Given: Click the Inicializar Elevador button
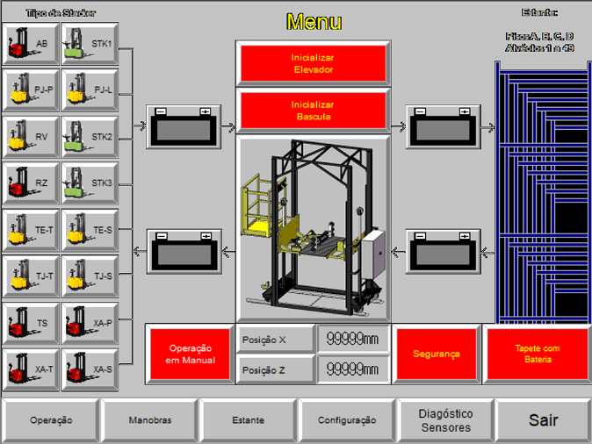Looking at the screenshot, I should pos(313,63).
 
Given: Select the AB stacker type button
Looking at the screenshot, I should pos(30,42).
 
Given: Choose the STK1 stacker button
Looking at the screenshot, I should pos(90,42).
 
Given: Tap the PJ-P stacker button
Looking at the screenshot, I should pos(30,90).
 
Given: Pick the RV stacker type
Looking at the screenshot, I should pos(30,137).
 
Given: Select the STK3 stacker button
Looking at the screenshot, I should pos(90,183).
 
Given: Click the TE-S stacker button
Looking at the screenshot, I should pos(90,230).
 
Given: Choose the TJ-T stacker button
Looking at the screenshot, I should pos(30,276).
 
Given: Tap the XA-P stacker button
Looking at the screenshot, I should pos(90,323).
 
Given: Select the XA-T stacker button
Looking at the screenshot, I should pos(30,369).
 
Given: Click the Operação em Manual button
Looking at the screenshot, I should pos(190,354).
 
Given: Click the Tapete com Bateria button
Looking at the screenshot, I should pos(537,354).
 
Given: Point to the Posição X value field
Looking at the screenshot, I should pos(352,340).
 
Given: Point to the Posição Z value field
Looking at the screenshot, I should pos(352,369).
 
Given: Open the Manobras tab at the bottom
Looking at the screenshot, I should pos(149,420).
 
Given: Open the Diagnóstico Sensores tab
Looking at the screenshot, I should pos(444,420).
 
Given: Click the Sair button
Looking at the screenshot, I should pos(543,420).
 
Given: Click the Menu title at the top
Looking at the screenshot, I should pos(314,22).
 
